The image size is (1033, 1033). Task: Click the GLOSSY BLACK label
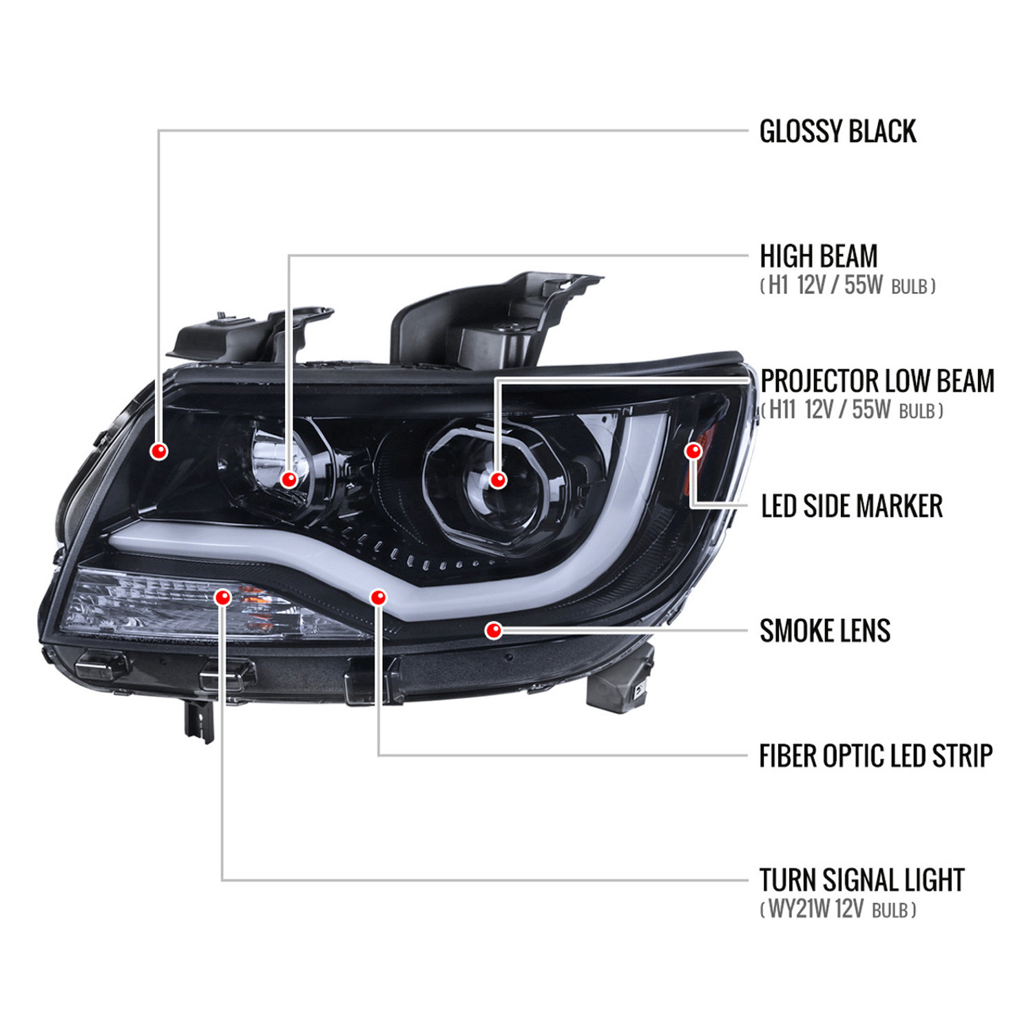[837, 132]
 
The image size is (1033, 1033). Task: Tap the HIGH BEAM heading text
[819, 256]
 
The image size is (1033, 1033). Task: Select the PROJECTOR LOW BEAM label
[877, 381]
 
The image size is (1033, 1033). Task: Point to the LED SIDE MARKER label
[852, 506]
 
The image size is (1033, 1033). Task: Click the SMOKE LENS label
[825, 631]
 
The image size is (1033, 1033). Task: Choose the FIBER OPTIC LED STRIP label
[876, 756]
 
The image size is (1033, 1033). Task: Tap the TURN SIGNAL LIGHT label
[862, 881]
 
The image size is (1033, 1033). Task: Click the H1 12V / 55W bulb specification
[848, 286]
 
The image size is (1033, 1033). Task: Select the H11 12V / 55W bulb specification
[852, 410]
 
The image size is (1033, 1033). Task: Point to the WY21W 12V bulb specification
[838, 910]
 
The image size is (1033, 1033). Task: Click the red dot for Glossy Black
[159, 451]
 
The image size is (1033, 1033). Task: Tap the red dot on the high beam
[289, 479]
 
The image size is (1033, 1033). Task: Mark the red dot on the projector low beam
[498, 480]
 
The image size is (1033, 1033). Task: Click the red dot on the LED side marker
[693, 451]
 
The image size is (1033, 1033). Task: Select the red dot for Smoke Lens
[494, 630]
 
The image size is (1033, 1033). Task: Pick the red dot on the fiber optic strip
[378, 597]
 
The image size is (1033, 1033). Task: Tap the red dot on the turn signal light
[222, 597]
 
